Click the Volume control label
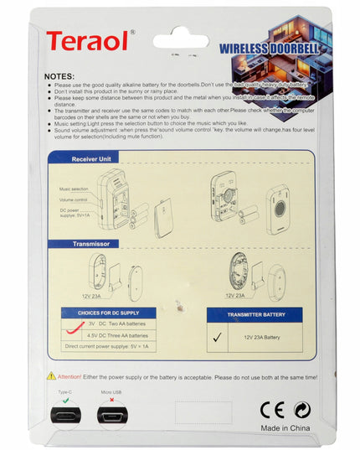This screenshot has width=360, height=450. pyautogui.click(x=75, y=200)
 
